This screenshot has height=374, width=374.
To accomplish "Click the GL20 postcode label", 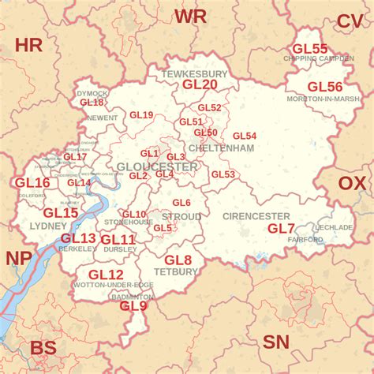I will [x=200, y=84].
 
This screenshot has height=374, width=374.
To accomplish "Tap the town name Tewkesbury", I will [x=195, y=73].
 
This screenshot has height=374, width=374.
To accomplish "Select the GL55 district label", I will [x=309, y=49].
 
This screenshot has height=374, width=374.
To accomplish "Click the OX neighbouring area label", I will [x=353, y=184].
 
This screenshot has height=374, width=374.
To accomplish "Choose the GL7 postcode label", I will [x=281, y=229].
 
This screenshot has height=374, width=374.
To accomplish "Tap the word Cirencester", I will [x=256, y=216].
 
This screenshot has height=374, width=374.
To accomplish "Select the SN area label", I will [x=276, y=342].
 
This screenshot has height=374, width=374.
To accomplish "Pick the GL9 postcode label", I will [x=133, y=306].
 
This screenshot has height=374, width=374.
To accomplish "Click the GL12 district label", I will [x=106, y=275].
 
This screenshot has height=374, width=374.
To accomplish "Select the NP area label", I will [x=20, y=259].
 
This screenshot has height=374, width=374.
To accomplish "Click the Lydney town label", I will [x=43, y=226].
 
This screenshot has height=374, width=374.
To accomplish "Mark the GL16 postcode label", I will [x=32, y=183].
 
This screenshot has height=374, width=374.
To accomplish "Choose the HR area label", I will [x=28, y=45].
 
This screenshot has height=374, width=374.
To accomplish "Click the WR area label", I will [x=191, y=17].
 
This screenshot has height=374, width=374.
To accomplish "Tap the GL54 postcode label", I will [x=245, y=136].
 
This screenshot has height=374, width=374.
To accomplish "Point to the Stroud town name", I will [x=181, y=216].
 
